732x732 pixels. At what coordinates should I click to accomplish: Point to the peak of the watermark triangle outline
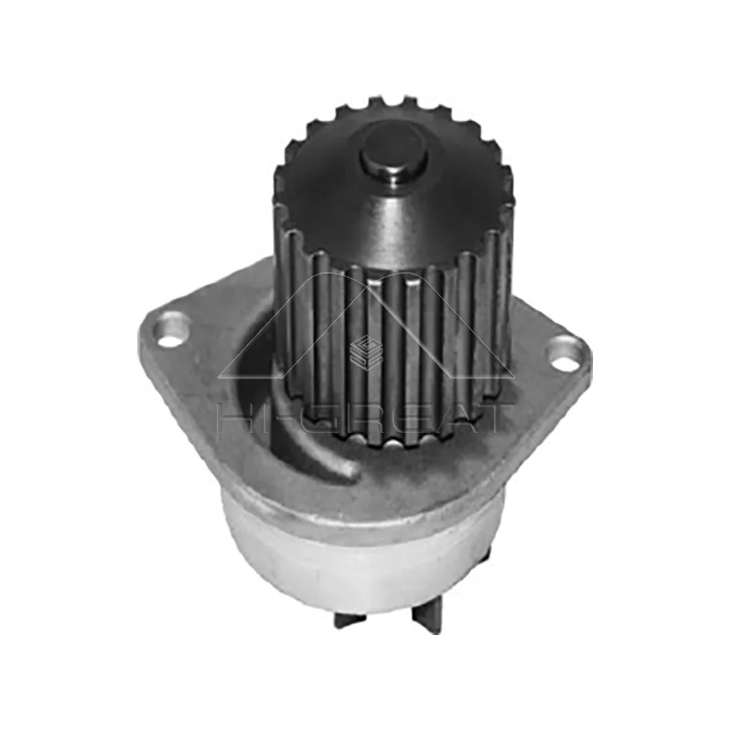coord(366,272)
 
